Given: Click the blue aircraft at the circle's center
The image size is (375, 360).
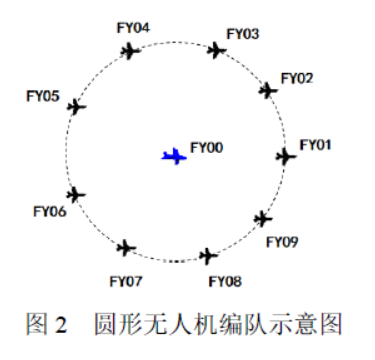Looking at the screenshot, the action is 174,156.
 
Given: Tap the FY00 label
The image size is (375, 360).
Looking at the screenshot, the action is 207,148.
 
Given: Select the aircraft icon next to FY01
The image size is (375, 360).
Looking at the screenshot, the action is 286,156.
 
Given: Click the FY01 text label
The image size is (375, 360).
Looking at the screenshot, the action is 315,145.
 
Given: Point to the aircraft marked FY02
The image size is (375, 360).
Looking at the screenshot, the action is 268,90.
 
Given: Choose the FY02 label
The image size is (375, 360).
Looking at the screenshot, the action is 297,78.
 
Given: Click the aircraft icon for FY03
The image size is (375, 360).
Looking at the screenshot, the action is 217,50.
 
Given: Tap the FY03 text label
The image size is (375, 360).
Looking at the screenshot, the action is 243,34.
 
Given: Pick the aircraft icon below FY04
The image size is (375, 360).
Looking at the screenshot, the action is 130,51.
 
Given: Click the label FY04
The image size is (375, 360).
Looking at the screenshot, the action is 133,28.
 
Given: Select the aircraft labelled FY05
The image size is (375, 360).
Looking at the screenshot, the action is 77,107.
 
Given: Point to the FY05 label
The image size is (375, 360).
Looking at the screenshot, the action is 43,96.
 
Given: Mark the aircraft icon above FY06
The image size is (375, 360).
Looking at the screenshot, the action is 76,195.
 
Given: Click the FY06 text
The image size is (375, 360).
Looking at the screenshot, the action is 50,211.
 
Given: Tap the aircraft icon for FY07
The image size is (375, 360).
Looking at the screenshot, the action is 126,248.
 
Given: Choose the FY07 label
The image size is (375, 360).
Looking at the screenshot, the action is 126,282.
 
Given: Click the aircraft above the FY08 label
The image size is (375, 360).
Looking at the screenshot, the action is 208,256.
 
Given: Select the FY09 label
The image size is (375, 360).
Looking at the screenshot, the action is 282,242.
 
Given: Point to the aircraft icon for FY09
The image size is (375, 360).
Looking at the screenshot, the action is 263,219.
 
